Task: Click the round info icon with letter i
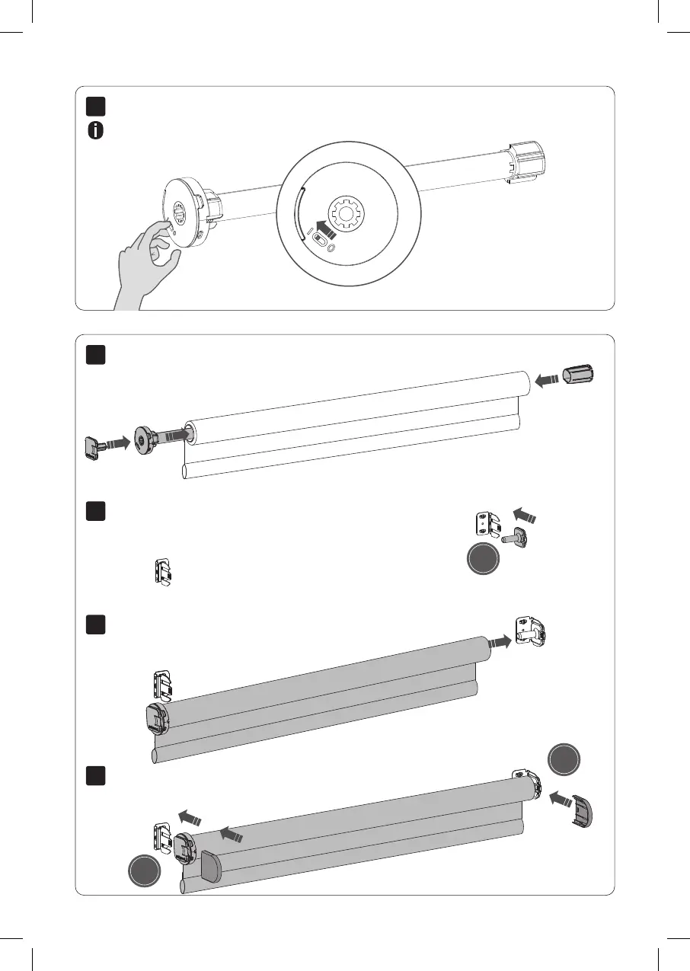click(96, 130)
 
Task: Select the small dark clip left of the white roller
click(94, 446)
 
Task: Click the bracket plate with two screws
click(484, 523)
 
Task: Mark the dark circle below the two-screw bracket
click(484, 561)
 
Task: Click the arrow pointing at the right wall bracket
click(500, 642)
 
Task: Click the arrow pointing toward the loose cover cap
click(559, 800)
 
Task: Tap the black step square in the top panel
click(94, 106)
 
